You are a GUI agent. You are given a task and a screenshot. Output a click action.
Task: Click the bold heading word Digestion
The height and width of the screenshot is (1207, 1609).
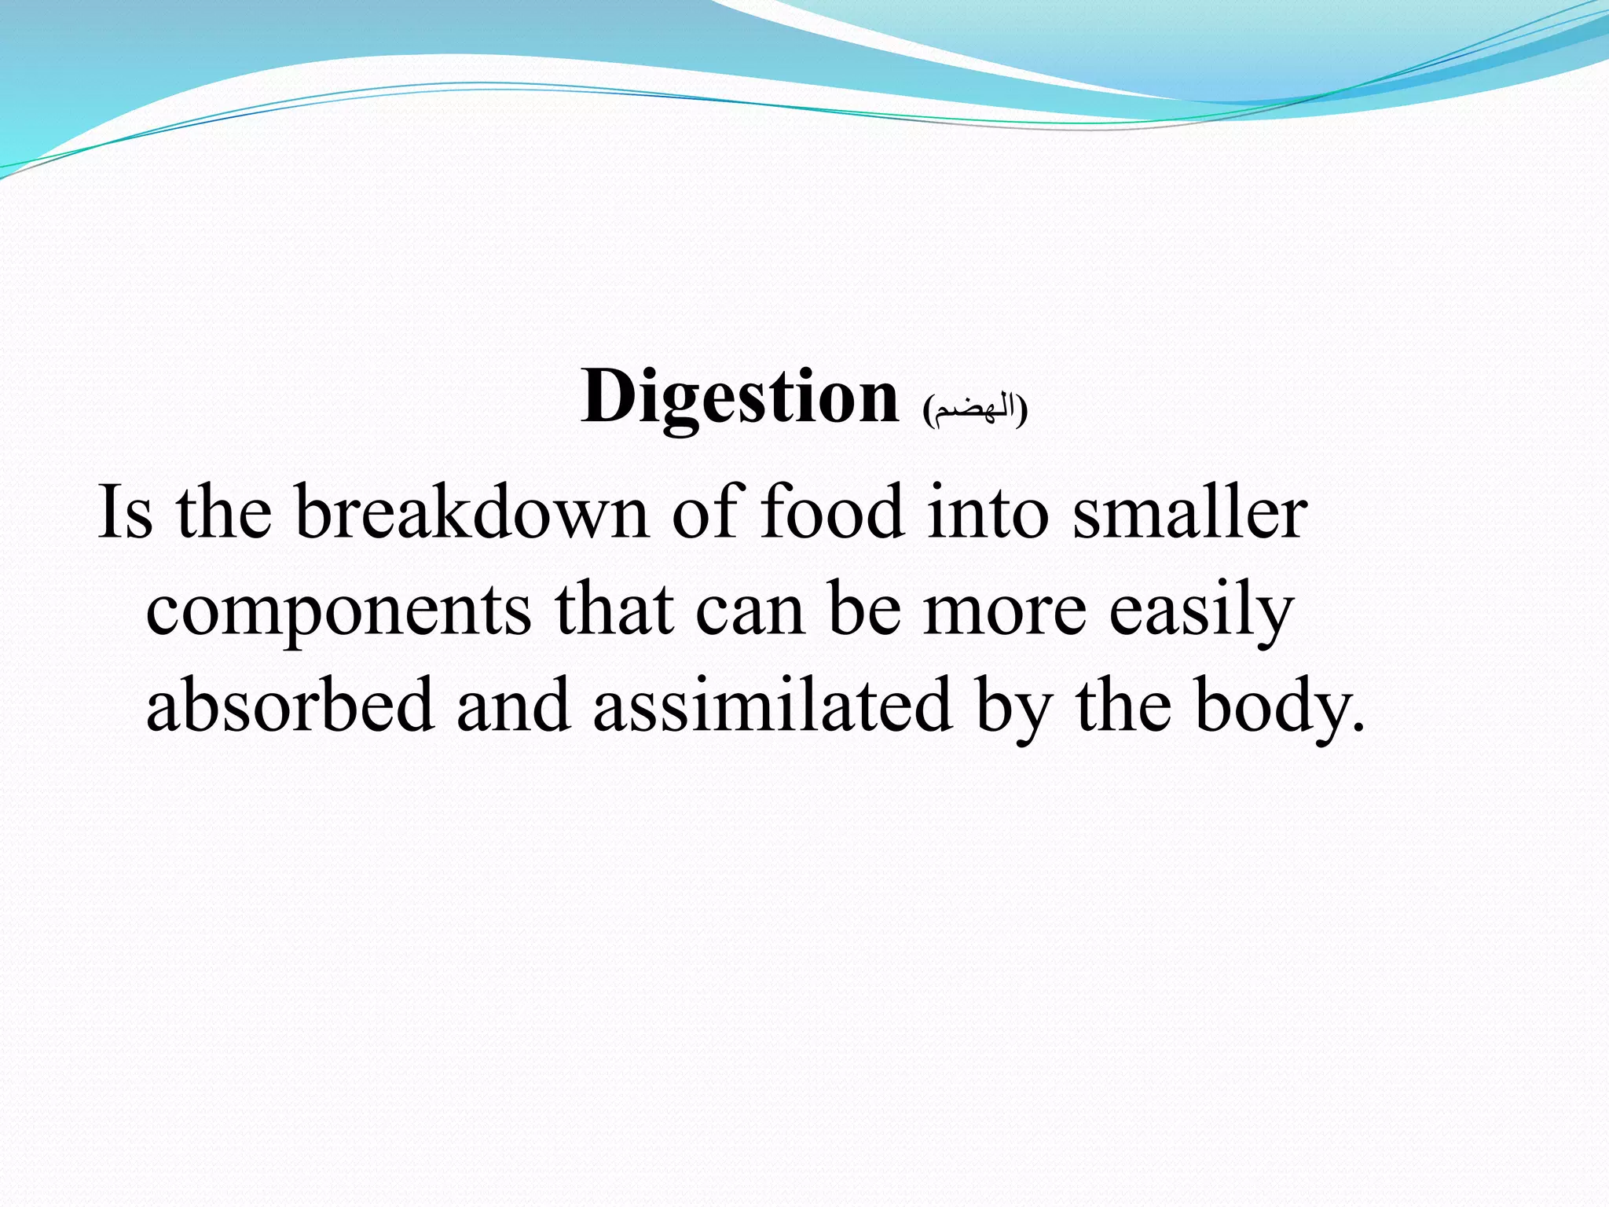739,398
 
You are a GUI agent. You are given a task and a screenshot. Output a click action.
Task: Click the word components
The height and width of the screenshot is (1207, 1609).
339,613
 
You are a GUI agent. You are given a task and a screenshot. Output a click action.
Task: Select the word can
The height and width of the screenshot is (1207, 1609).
750,613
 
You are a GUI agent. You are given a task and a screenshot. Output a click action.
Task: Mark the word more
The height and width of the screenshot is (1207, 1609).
1005,613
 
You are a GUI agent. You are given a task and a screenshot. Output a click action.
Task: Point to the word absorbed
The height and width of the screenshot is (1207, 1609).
290,705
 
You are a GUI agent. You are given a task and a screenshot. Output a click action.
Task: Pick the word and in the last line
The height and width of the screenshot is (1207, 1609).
513,705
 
